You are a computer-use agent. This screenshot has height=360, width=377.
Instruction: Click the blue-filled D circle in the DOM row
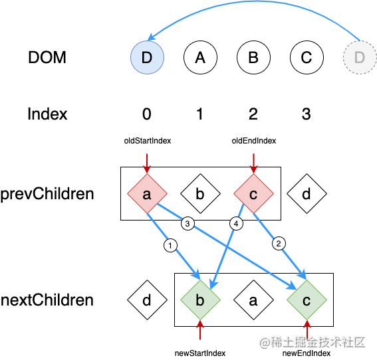[x=147, y=57]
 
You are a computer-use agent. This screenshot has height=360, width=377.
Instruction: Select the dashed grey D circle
[x=360, y=57]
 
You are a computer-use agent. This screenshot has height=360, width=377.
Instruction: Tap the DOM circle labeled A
[x=200, y=57]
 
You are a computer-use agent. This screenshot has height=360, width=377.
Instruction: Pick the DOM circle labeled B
[x=253, y=57]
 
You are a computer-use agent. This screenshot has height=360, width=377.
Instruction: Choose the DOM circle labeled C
[x=307, y=57]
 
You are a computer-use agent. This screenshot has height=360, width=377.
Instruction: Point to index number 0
[x=147, y=114]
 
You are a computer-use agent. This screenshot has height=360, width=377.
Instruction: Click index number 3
[x=307, y=114]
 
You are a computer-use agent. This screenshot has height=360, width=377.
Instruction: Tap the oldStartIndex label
[x=148, y=141]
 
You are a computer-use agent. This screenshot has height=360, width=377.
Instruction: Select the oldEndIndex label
[x=254, y=141]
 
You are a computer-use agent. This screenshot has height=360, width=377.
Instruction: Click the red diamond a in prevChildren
[x=147, y=193]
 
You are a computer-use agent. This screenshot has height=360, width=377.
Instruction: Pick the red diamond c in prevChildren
[x=253, y=193]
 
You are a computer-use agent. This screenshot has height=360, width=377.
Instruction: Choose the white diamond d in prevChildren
[x=307, y=193]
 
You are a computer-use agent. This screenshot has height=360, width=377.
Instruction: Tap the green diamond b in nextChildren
[x=200, y=300]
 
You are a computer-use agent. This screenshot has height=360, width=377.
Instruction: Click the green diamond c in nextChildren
[x=307, y=300]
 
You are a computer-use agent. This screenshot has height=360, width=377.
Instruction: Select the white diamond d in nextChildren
[x=147, y=300]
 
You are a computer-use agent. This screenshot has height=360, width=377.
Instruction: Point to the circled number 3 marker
[x=188, y=224]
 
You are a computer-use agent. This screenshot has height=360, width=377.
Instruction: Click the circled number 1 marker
[x=170, y=246]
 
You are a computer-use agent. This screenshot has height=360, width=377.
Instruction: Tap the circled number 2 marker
[x=279, y=244]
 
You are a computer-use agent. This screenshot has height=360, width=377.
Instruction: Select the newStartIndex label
[x=200, y=353]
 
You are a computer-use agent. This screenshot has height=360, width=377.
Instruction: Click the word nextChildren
[x=47, y=300]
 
